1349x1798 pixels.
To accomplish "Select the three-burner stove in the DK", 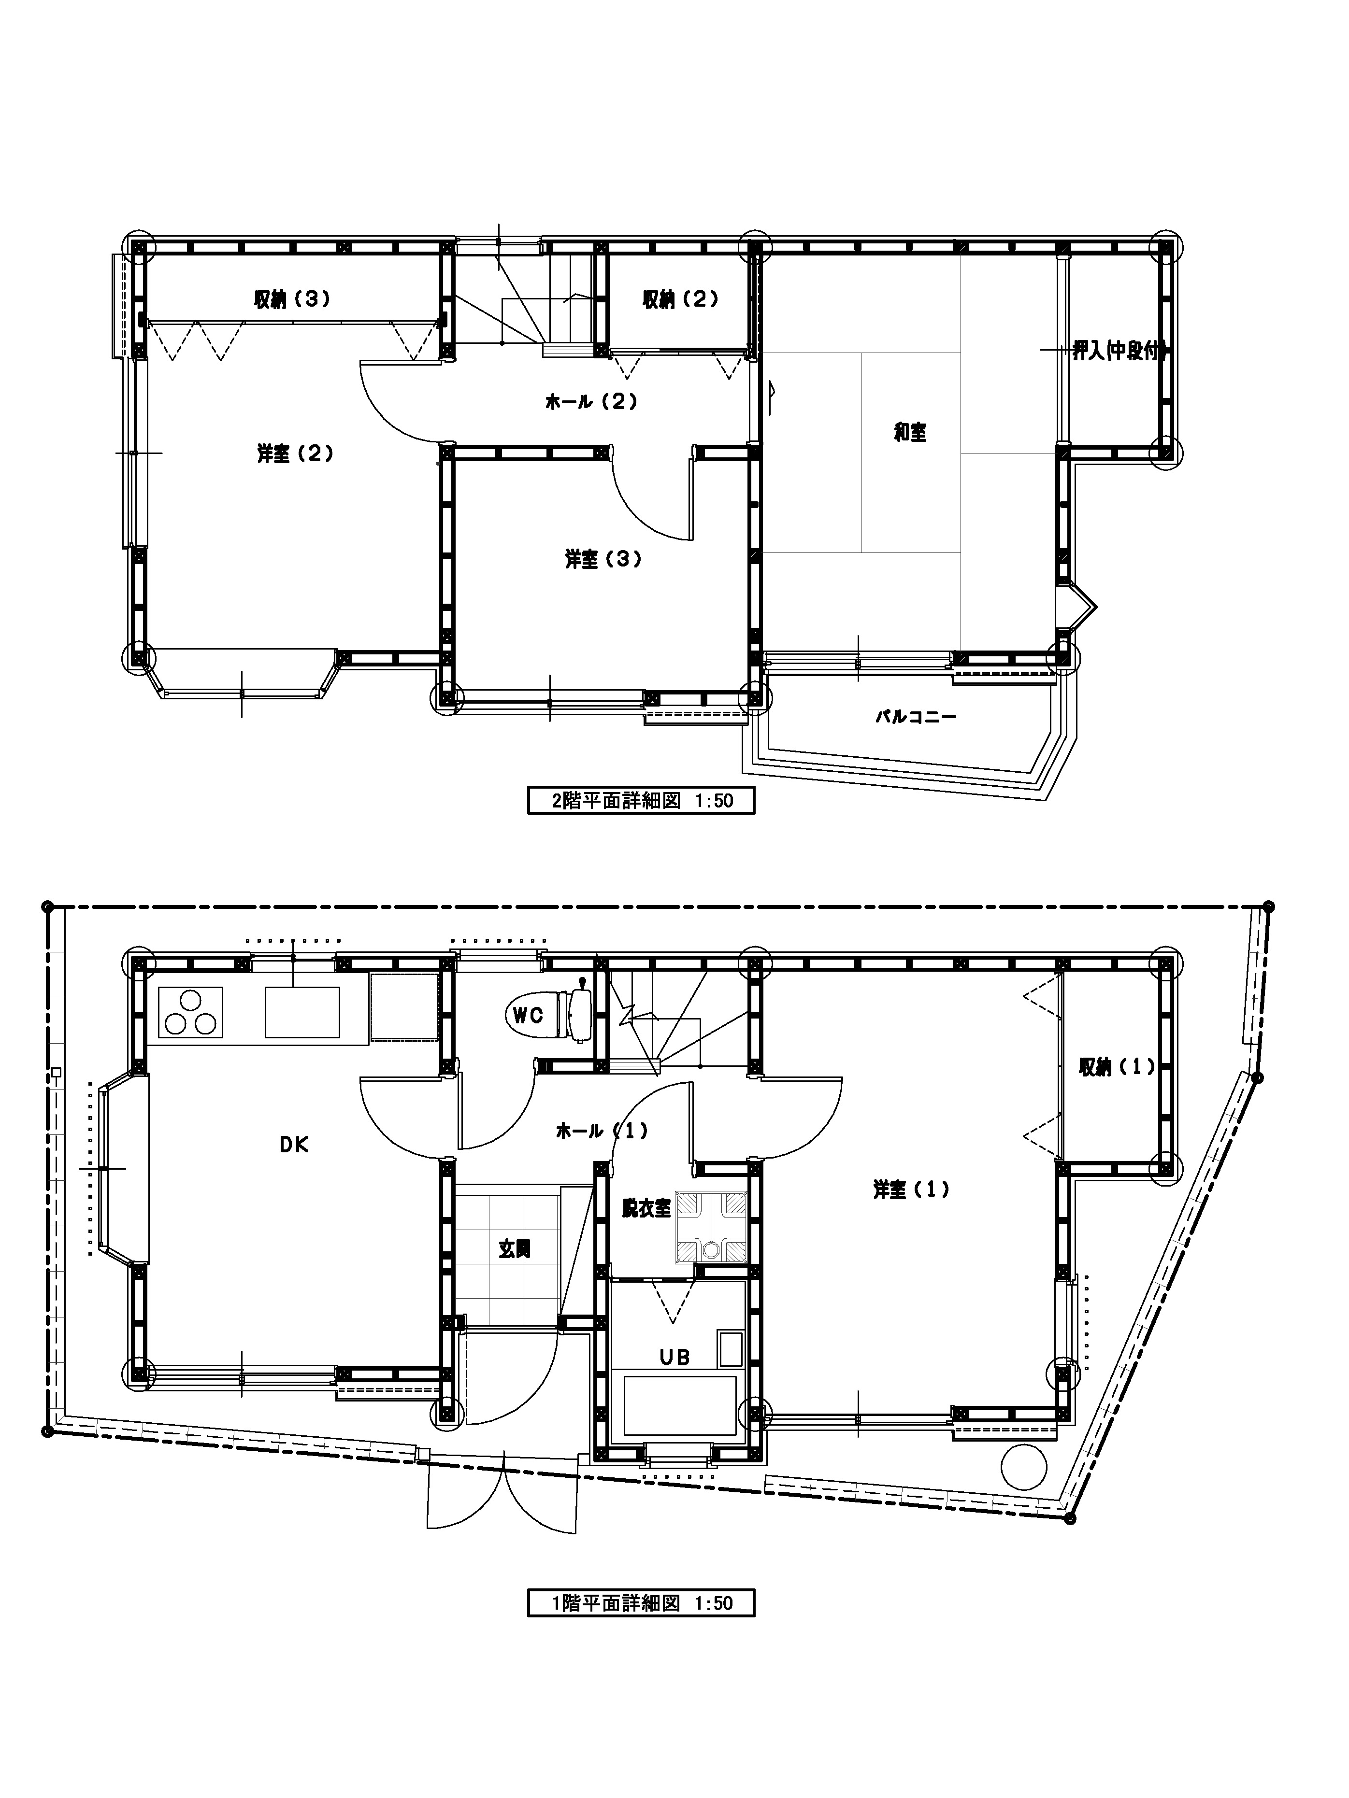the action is [x=191, y=1012].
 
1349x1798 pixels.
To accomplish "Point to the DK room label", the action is [x=294, y=1145].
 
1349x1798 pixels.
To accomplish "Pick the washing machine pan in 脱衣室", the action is [x=712, y=1227].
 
